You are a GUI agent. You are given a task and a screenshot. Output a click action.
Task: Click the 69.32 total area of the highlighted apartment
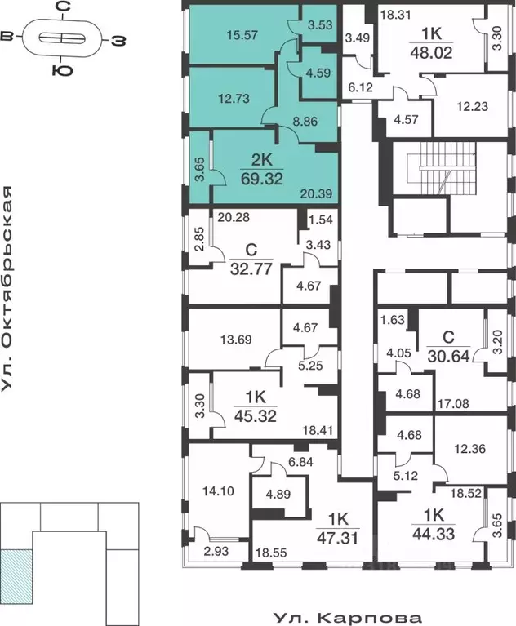click(x=262, y=177)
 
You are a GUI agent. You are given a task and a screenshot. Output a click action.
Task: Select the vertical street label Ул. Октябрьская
click(x=9, y=288)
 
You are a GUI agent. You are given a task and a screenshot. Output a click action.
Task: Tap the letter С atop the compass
click(x=60, y=7)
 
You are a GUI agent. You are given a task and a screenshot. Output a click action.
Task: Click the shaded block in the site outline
click(x=16, y=575)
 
